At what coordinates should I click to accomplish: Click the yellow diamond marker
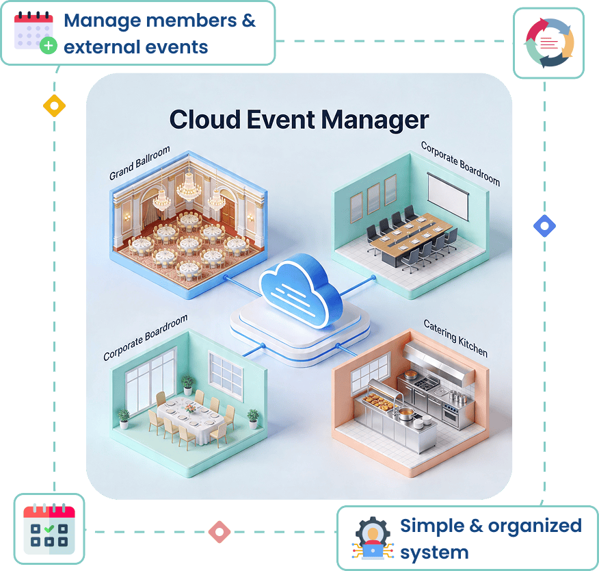(54, 105)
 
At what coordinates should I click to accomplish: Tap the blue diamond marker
(544, 226)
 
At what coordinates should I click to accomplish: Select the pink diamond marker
(219, 531)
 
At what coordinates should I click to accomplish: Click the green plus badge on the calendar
(49, 46)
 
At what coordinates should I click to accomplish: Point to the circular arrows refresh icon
(549, 43)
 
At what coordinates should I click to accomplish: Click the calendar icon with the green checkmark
(49, 529)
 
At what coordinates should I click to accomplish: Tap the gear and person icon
(373, 537)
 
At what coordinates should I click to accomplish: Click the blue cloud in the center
(301, 291)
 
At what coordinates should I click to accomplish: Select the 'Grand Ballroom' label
(139, 163)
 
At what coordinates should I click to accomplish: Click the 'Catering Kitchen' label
(455, 338)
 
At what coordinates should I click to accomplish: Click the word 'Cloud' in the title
(204, 119)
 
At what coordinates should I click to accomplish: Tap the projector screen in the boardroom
(448, 196)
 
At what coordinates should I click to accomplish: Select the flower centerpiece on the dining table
(190, 409)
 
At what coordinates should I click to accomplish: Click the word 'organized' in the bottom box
(535, 526)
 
